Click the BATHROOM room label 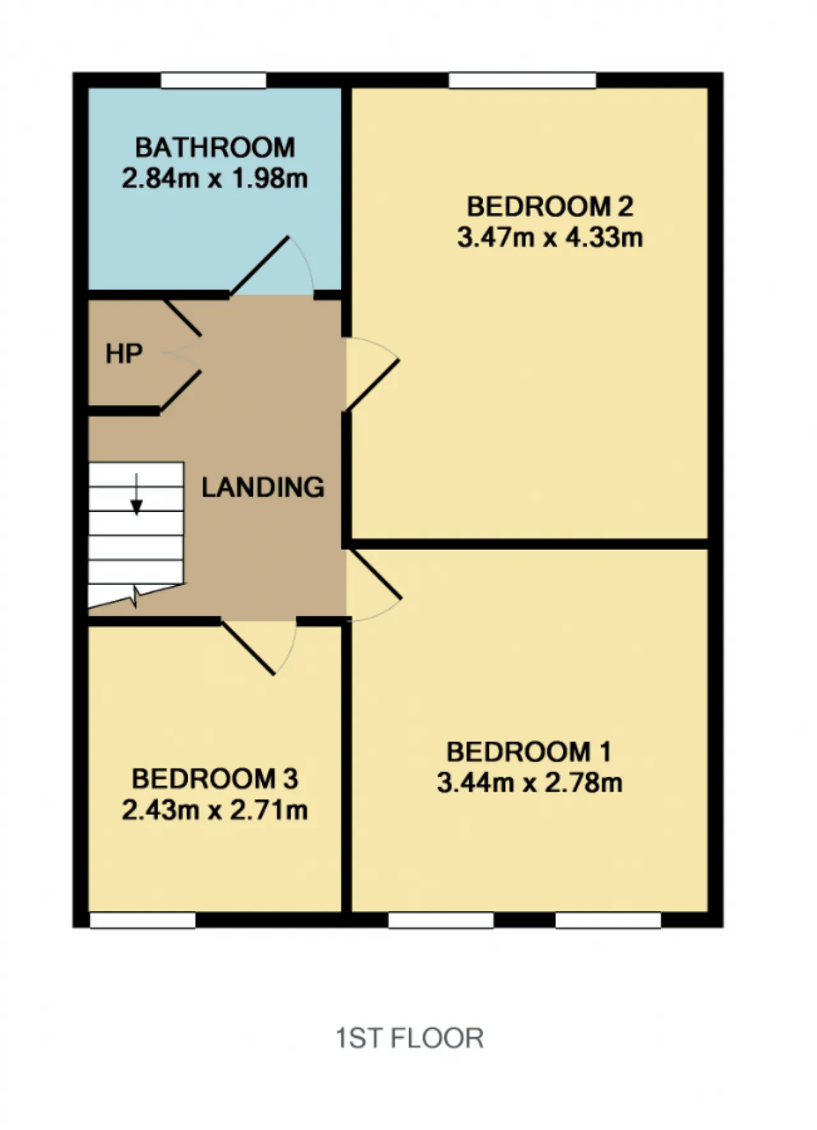click(x=214, y=148)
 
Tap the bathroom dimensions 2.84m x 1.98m click(x=214, y=178)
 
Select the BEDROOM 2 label click(x=550, y=206)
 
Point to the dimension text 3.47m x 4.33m click(x=550, y=238)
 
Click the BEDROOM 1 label click(x=529, y=752)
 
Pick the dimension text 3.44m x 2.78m click(x=529, y=783)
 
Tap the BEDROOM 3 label click(x=214, y=779)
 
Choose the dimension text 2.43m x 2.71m click(x=214, y=810)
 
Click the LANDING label click(x=263, y=487)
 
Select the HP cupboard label click(x=124, y=353)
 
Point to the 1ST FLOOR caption click(x=410, y=1038)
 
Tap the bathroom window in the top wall click(x=213, y=80)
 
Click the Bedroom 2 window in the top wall click(x=522, y=80)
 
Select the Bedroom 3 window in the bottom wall click(x=142, y=920)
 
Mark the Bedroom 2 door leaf click(x=373, y=385)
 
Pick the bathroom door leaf click(x=259, y=266)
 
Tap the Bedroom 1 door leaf click(x=373, y=573)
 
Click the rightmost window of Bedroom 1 click(x=608, y=920)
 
